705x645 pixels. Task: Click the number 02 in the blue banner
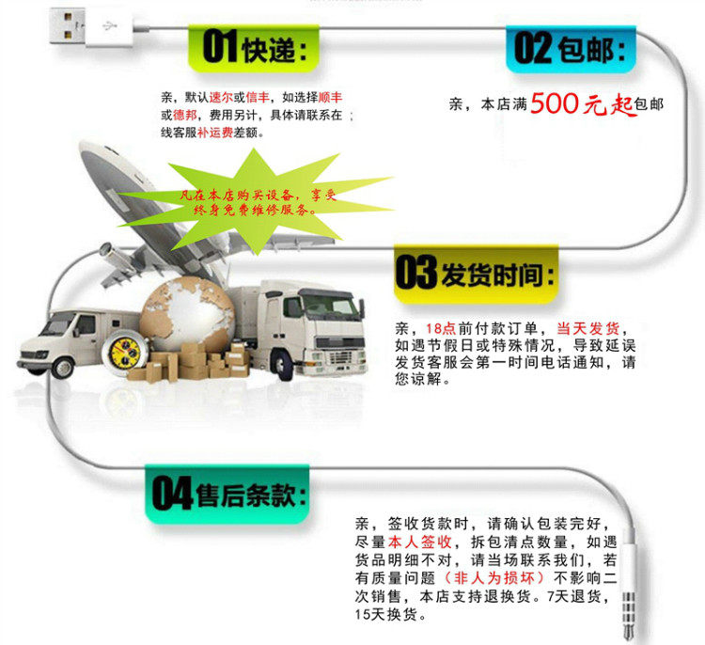tap(532, 48)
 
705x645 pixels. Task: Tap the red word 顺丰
tap(330, 97)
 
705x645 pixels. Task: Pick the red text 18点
tap(440, 328)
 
